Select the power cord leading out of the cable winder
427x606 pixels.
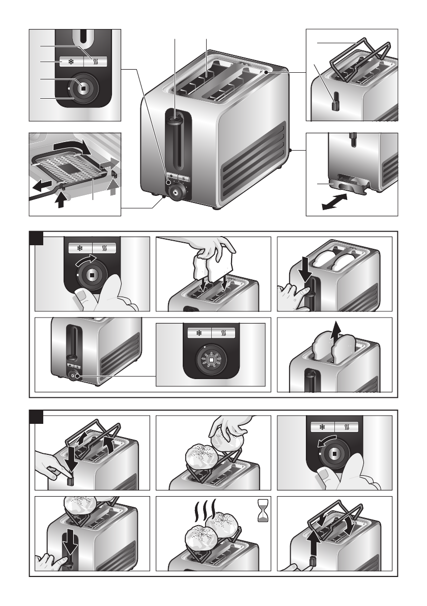43,197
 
